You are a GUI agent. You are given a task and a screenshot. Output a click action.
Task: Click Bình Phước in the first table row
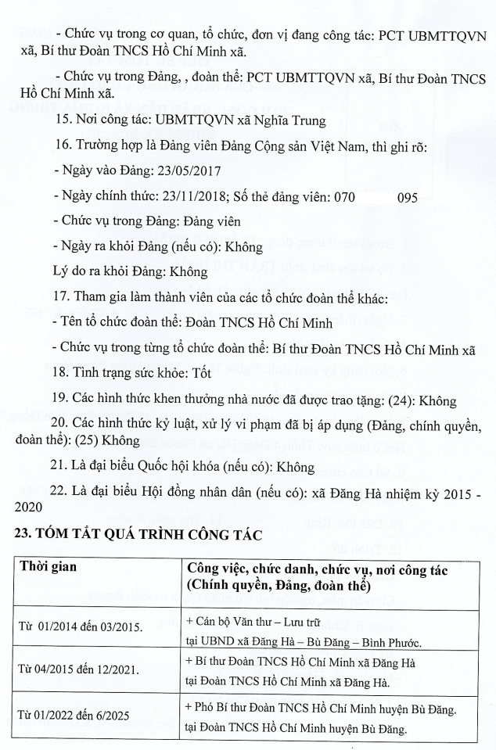pos(386,643)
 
